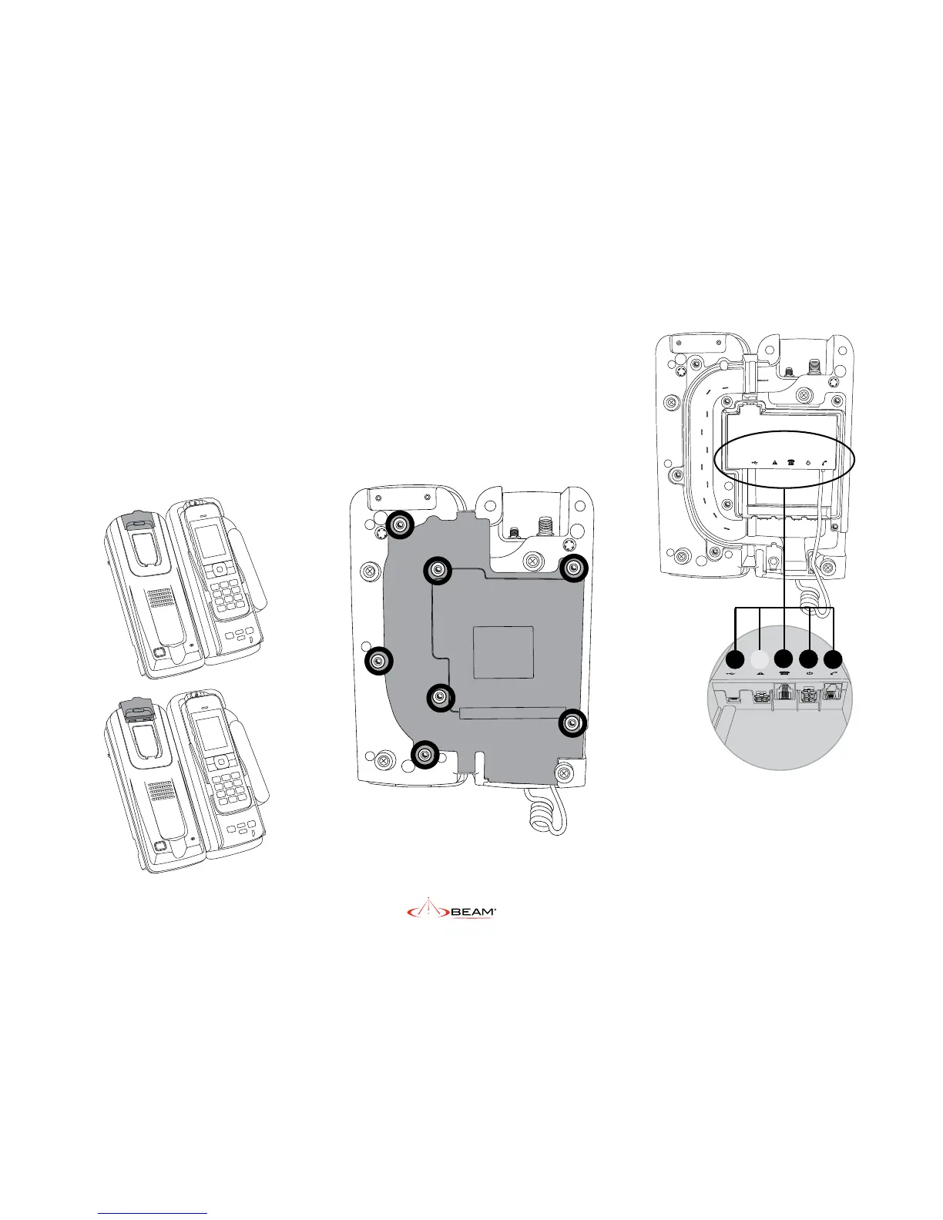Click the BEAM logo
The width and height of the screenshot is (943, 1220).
pyautogui.click(x=451, y=912)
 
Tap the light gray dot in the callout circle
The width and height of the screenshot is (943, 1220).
pyautogui.click(x=760, y=659)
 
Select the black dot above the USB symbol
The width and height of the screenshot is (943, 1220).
pyautogui.click(x=735, y=659)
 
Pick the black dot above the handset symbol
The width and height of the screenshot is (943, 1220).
pyautogui.click(x=834, y=659)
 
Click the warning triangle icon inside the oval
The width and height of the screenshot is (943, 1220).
pyautogui.click(x=773, y=464)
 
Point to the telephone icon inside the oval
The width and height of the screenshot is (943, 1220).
pyautogui.click(x=790, y=464)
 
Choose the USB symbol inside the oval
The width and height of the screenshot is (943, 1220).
pyautogui.click(x=755, y=464)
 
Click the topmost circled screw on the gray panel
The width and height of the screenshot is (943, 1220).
pyautogui.click(x=400, y=525)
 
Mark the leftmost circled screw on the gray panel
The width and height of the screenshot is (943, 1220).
pyautogui.click(x=378, y=661)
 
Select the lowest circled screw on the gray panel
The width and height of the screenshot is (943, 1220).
pyautogui.click(x=424, y=755)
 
